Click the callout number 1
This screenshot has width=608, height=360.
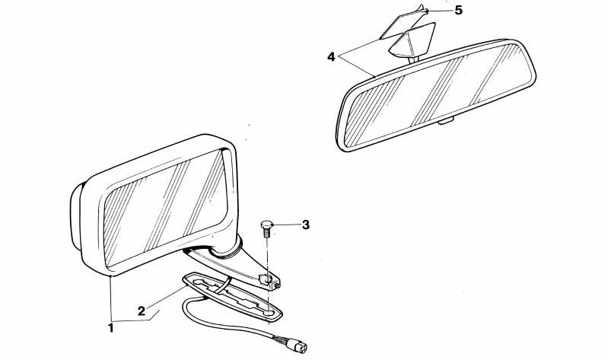(x=111, y=328)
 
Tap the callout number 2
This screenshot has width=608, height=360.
(x=142, y=311)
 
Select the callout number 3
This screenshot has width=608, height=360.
(x=305, y=225)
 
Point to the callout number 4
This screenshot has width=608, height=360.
(x=332, y=57)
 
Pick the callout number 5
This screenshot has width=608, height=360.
(x=458, y=11)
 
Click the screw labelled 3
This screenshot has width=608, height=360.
(x=267, y=227)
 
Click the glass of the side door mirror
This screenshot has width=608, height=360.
(x=164, y=205)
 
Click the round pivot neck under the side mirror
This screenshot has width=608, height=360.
(x=228, y=247)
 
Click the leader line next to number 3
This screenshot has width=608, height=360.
(x=286, y=225)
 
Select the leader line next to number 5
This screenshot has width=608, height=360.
(x=440, y=11)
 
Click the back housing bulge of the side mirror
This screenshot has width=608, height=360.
(x=76, y=217)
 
